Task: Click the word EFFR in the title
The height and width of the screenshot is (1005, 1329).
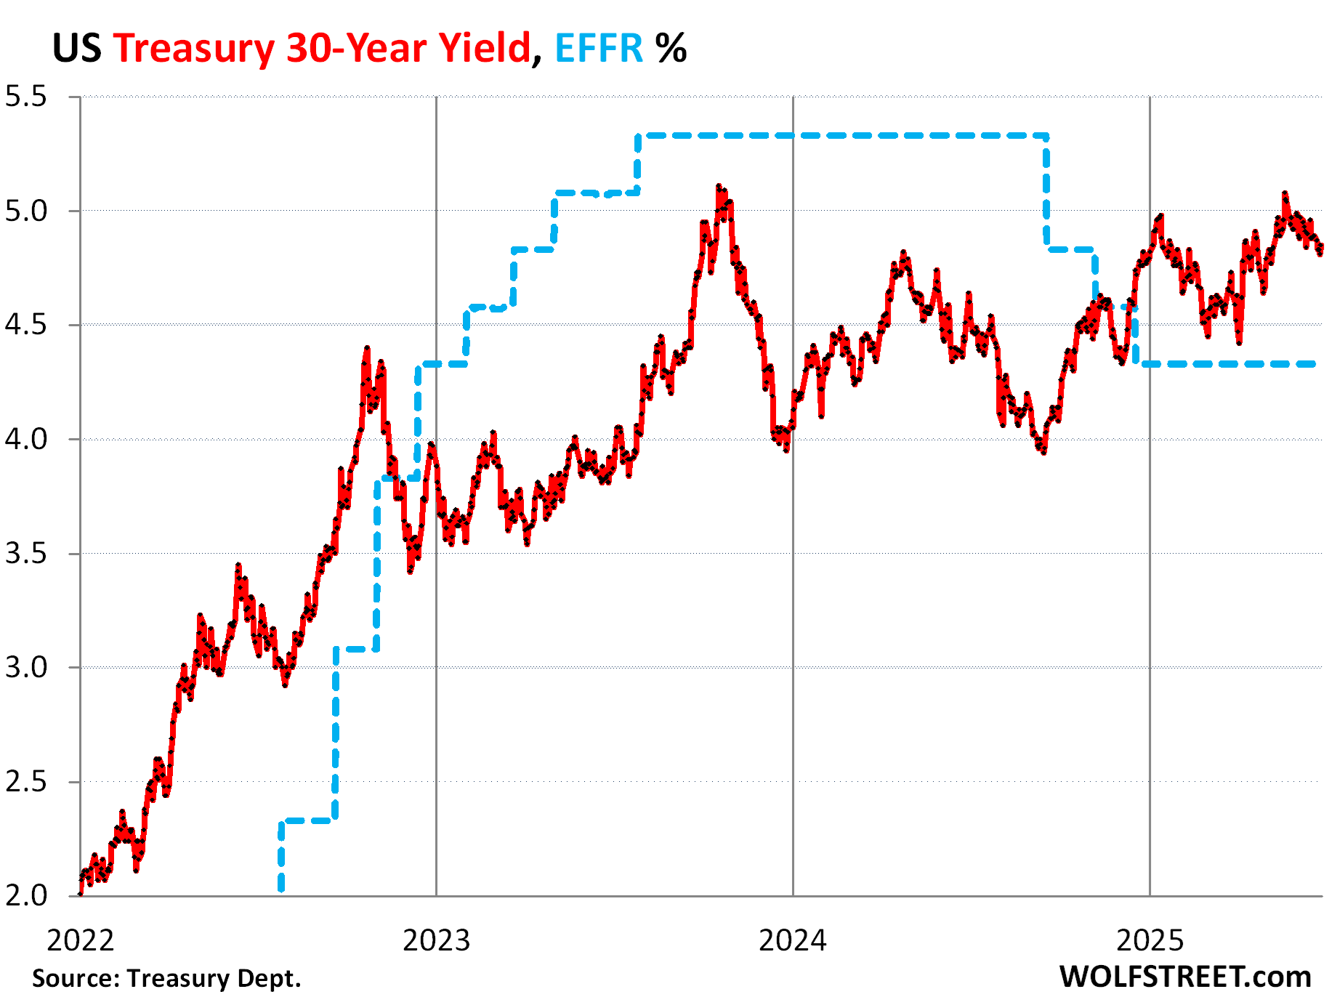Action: click(599, 49)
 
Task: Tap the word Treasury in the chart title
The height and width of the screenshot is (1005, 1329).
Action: click(193, 49)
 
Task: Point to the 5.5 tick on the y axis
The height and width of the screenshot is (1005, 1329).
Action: click(26, 97)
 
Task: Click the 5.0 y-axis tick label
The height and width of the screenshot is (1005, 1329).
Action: click(26, 211)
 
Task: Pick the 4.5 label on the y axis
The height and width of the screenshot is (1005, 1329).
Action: click(26, 325)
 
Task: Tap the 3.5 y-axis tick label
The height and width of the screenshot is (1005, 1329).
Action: click(26, 554)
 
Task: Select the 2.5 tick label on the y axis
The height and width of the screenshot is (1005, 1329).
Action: click(26, 782)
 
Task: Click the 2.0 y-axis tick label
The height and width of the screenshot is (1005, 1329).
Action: click(26, 896)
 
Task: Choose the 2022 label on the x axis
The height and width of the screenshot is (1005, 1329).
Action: click(80, 940)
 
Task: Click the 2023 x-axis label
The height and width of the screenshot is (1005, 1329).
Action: click(436, 940)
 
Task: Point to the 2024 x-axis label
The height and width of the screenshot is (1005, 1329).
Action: click(793, 940)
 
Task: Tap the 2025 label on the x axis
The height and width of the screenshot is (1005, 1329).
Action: click(1150, 940)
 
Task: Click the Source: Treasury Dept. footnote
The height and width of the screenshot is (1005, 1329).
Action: click(166, 979)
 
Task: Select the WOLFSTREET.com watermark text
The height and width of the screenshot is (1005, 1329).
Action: click(1185, 977)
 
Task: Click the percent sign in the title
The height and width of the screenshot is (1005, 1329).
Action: click(671, 49)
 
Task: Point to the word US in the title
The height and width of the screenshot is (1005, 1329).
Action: click(76, 49)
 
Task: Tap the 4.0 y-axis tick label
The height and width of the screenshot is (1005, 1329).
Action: click(26, 440)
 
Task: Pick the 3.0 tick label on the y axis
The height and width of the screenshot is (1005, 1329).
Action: click(26, 668)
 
